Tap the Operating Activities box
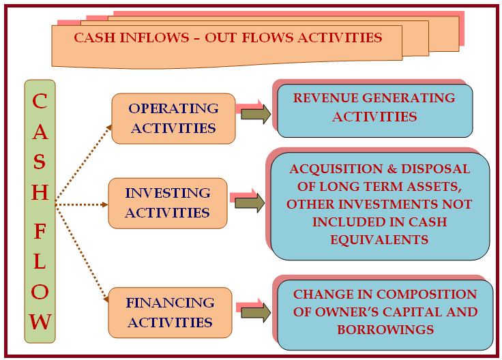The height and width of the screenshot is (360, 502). pyautogui.click(x=173, y=119)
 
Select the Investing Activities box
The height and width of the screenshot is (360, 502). pyautogui.click(x=168, y=203)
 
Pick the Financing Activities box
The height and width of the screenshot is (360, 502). pyautogui.click(x=170, y=313)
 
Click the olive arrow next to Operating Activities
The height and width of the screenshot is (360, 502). pyautogui.click(x=256, y=115)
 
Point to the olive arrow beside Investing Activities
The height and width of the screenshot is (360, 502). pyautogui.click(x=250, y=203)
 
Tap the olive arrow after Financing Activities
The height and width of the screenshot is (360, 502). pyautogui.click(x=256, y=313)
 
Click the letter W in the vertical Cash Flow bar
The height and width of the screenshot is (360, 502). pyautogui.click(x=40, y=322)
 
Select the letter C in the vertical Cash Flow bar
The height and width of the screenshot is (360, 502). pyautogui.click(x=40, y=101)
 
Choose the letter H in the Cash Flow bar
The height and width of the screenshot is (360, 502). pyautogui.click(x=40, y=192)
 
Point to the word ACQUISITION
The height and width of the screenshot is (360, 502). pyautogui.click(x=336, y=169)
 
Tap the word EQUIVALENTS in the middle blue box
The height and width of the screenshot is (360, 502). pyautogui.click(x=379, y=240)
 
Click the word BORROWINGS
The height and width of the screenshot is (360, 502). pyautogui.click(x=385, y=329)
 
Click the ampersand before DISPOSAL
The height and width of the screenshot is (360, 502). pyautogui.click(x=392, y=169)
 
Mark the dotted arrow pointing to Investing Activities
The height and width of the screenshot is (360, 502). pyautogui.click(x=82, y=205)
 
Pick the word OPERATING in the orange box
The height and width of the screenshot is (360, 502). pyautogui.click(x=173, y=108)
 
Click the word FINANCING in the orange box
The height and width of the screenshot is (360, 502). pyautogui.click(x=170, y=303)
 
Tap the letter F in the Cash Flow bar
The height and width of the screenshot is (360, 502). pyautogui.click(x=40, y=232)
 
